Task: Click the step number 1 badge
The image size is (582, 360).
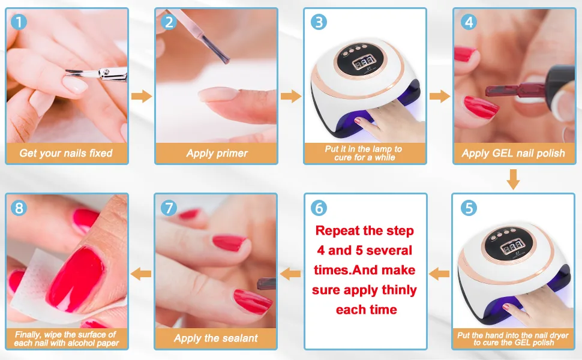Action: point(19,22)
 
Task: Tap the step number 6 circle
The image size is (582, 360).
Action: point(319,208)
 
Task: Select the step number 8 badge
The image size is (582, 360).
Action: point(19,208)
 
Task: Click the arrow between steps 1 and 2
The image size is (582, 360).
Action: point(142,96)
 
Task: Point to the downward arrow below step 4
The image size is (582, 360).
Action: point(513,179)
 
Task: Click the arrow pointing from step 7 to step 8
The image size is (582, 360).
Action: point(141,274)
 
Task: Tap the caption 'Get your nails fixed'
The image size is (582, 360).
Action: point(65,153)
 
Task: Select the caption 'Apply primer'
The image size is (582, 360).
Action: point(217,153)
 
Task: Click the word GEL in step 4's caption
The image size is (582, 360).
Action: point(502,153)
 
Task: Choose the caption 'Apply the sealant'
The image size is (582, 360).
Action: point(215,338)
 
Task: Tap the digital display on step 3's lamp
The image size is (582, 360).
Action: point(364,63)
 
